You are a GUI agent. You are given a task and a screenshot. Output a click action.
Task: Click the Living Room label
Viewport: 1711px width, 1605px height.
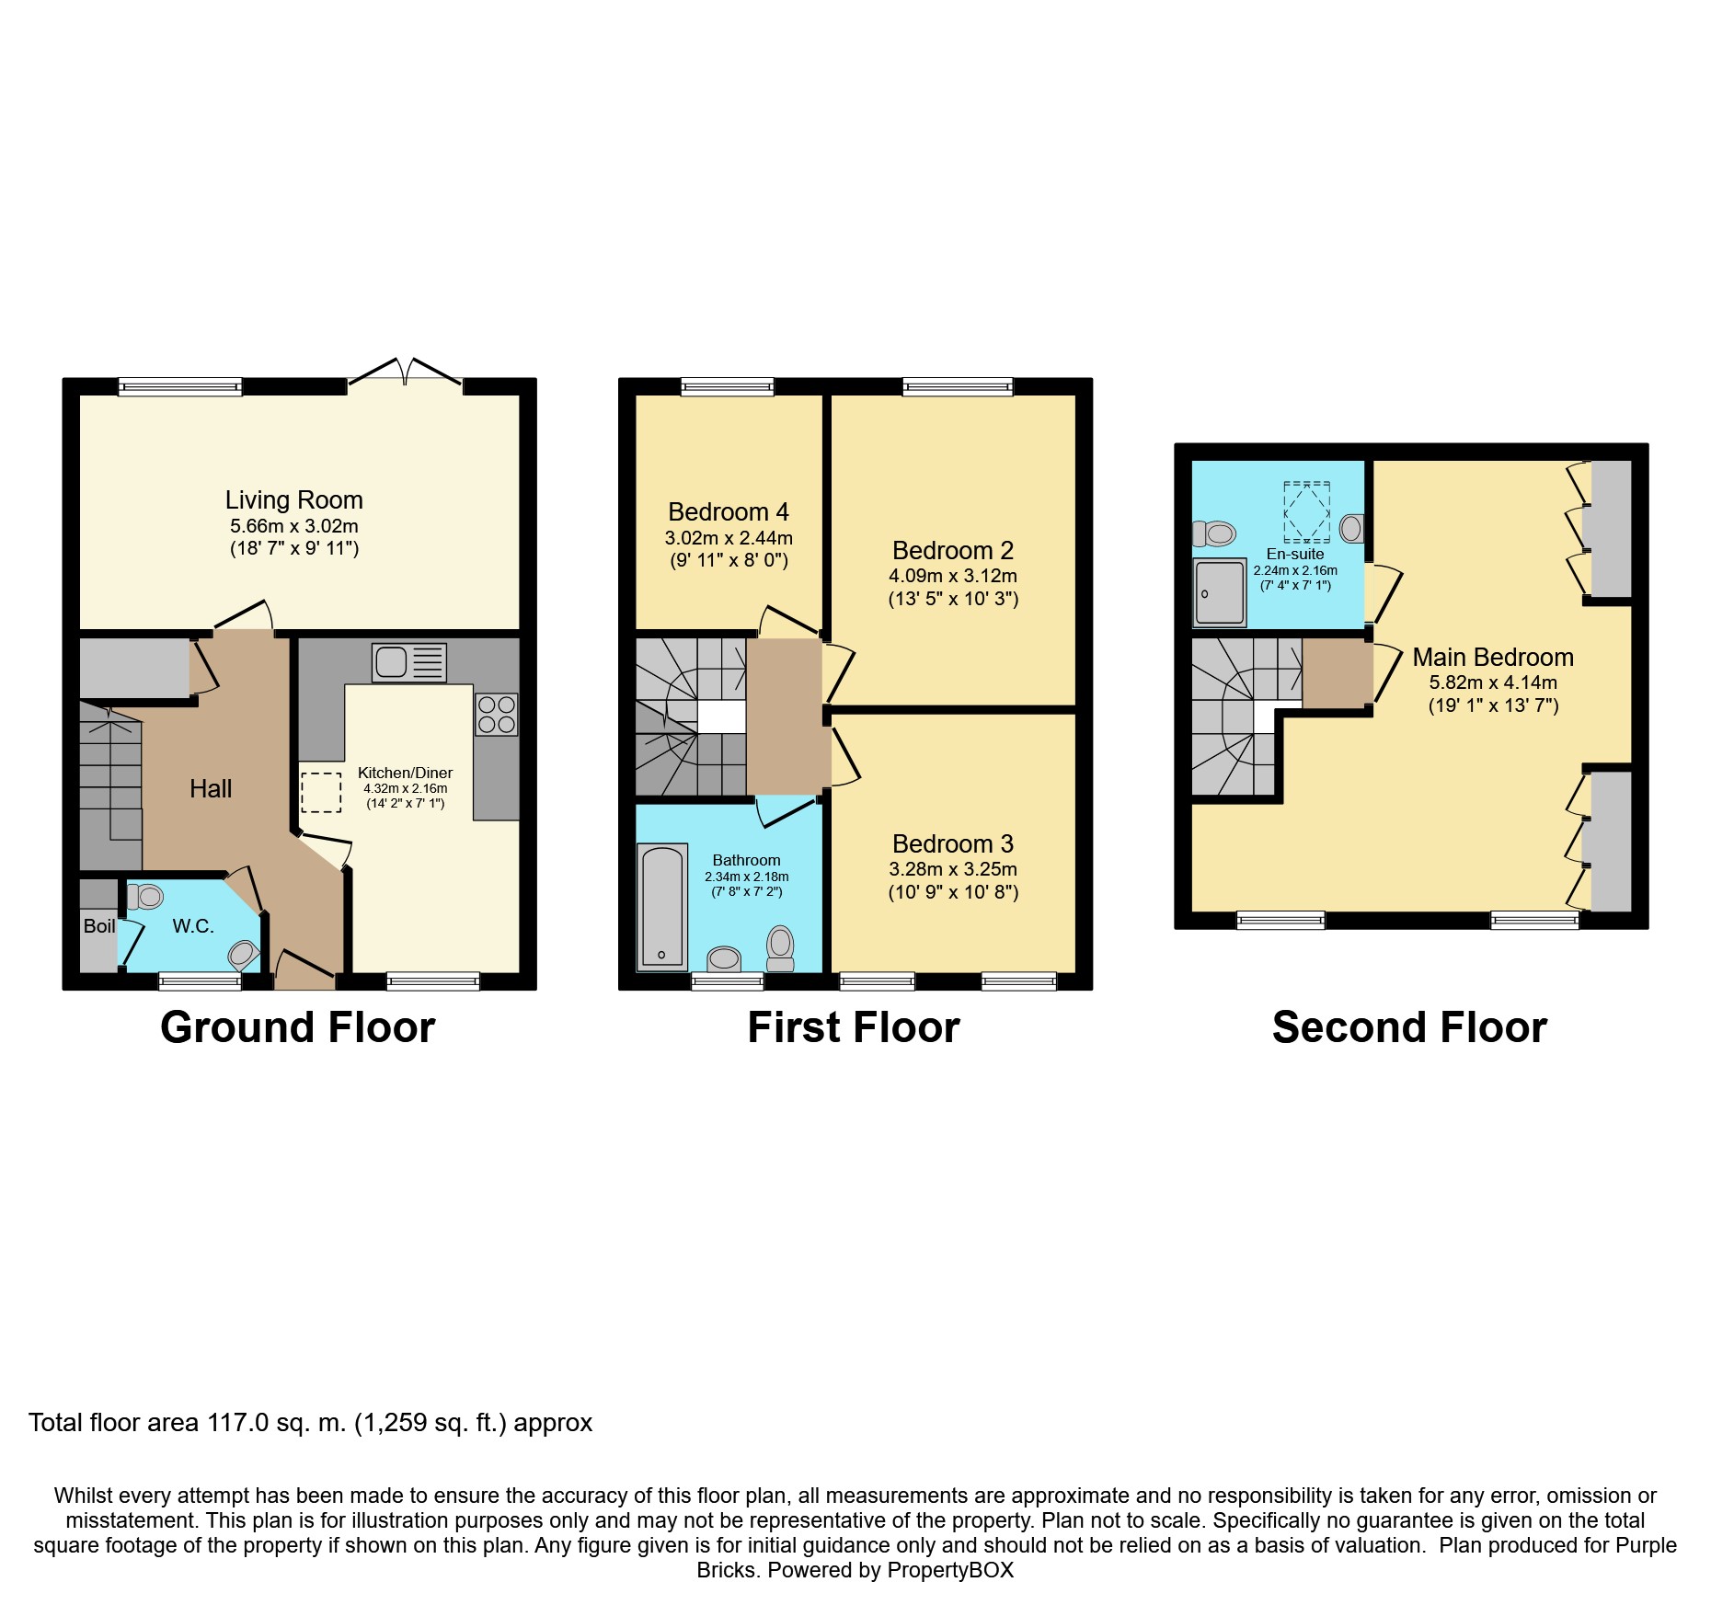coord(294,499)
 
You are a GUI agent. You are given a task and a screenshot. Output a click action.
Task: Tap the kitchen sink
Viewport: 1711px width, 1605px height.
coord(409,661)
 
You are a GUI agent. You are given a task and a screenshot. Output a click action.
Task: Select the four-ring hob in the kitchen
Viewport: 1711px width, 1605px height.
coord(497,714)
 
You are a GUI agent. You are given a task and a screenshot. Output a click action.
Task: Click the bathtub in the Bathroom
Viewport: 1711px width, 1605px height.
coord(662,907)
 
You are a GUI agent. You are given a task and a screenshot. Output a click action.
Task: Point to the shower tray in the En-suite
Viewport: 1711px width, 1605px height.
coord(1220,591)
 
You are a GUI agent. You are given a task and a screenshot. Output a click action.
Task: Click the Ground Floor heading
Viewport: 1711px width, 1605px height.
coord(297,1027)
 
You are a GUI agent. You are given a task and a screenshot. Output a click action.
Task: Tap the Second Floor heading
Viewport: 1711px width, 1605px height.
coord(1409,1027)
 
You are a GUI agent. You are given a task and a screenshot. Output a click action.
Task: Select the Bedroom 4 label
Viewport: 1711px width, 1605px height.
coord(729,511)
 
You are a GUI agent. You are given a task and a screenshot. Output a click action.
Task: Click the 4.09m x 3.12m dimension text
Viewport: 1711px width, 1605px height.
coord(953,576)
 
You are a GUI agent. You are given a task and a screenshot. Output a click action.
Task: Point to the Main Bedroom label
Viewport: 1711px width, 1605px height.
coord(1493,657)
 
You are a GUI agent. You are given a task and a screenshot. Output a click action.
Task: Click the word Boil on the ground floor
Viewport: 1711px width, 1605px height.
coord(99,926)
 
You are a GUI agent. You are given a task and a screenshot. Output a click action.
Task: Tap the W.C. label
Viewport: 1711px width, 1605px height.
coord(193,926)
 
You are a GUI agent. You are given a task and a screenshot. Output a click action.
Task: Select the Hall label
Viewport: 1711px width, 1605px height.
coord(211,788)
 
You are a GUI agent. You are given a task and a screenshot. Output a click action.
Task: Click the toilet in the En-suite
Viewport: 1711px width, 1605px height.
coord(1213,533)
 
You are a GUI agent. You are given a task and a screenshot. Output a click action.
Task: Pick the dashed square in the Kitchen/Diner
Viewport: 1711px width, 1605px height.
coord(321,792)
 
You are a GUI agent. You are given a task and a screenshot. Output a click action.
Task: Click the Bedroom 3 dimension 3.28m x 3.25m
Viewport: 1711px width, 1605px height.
coord(953,869)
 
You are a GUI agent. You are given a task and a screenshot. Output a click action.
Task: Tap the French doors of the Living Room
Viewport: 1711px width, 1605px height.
coord(405,372)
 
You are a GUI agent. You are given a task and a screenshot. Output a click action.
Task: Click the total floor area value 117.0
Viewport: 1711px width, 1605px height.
coord(238,1423)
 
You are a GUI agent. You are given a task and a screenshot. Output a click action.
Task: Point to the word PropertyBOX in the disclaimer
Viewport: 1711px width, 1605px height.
coord(950,1570)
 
